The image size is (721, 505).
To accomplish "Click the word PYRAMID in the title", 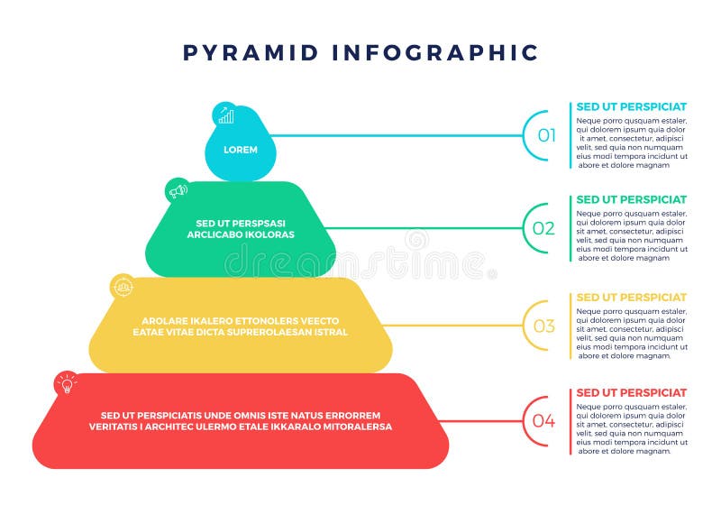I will click(250, 51).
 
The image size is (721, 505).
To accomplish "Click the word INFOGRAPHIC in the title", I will click(435, 51).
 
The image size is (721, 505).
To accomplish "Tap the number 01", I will click(547, 136).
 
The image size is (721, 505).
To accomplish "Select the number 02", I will click(543, 228).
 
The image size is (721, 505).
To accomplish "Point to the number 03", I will click(544, 326).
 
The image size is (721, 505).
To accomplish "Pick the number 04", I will click(543, 420).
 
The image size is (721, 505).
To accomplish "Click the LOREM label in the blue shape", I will click(241, 150).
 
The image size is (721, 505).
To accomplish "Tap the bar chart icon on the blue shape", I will click(225, 115).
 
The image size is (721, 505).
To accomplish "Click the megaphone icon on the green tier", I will click(178, 190).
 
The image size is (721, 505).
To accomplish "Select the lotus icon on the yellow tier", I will click(123, 287).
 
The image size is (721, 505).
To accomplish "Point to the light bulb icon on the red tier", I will click(66, 385).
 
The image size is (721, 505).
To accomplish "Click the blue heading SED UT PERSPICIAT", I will click(631, 106).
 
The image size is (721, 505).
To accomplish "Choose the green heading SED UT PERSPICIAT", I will click(631, 199).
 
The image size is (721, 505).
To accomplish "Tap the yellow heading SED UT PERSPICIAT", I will click(631, 297).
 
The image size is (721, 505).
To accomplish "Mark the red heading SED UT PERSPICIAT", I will click(631, 392).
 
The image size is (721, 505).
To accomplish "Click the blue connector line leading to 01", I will click(397, 136).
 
